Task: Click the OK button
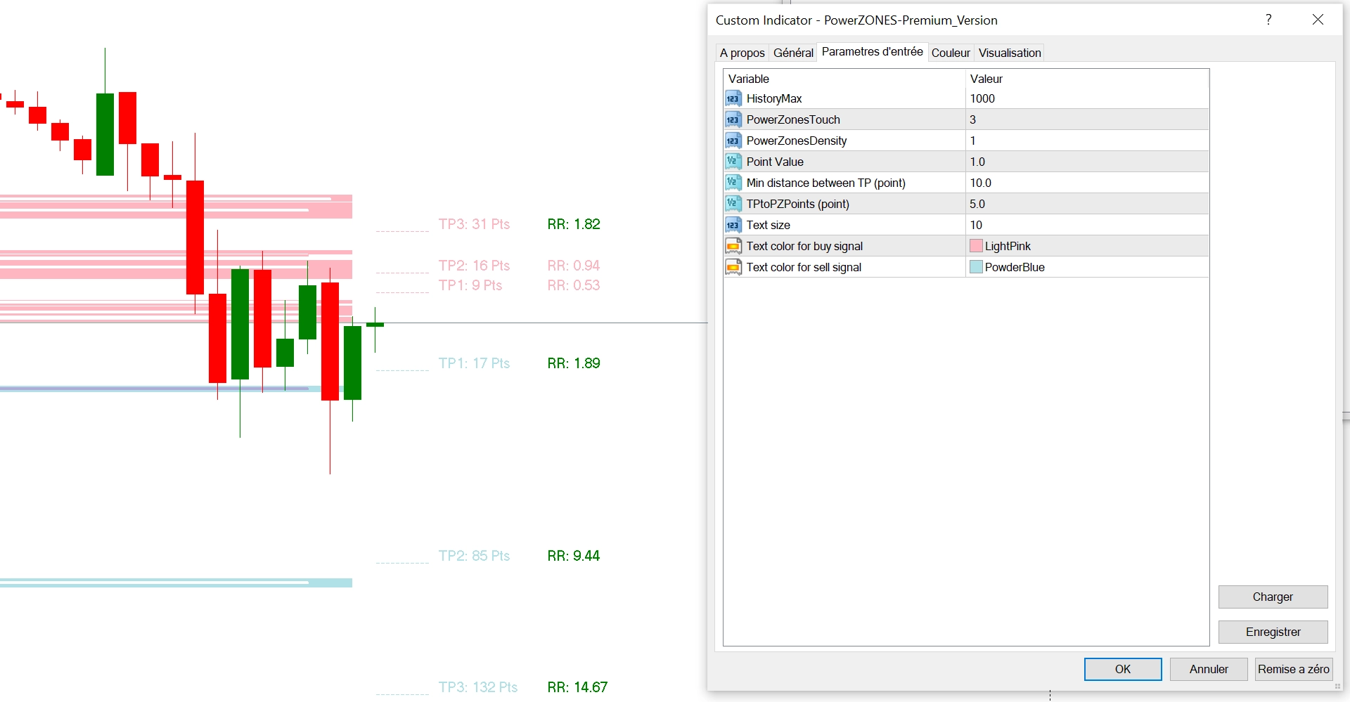(1122, 669)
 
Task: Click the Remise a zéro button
(1293, 669)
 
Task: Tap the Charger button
(1272, 597)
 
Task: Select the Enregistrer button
(1272, 632)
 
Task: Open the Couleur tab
(950, 53)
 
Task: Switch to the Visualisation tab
(1009, 53)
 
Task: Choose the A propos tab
(742, 53)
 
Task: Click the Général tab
(793, 53)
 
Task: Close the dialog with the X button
(1318, 20)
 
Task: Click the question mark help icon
(1268, 20)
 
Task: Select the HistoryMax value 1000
(982, 98)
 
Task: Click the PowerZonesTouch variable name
(793, 119)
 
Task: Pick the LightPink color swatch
(976, 246)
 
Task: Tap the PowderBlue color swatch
(976, 267)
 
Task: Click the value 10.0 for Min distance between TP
(980, 183)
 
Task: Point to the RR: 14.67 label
(577, 687)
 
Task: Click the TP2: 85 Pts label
(474, 556)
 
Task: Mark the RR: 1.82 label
(574, 224)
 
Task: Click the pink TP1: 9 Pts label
(470, 285)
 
